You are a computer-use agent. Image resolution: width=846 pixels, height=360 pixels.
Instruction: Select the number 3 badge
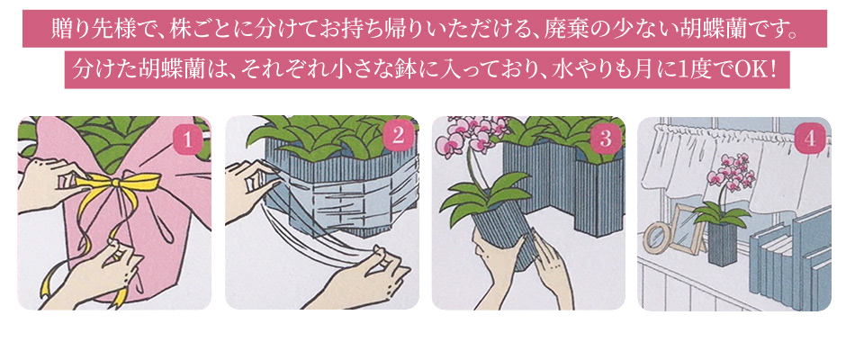606,139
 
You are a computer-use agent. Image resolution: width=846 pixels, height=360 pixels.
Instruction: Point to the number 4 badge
809,139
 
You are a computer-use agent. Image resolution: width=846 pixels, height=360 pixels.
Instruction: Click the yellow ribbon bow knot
115,183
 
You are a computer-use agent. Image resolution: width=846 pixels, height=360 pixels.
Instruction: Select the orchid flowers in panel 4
731,172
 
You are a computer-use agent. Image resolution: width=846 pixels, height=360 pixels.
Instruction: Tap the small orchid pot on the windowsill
723,244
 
